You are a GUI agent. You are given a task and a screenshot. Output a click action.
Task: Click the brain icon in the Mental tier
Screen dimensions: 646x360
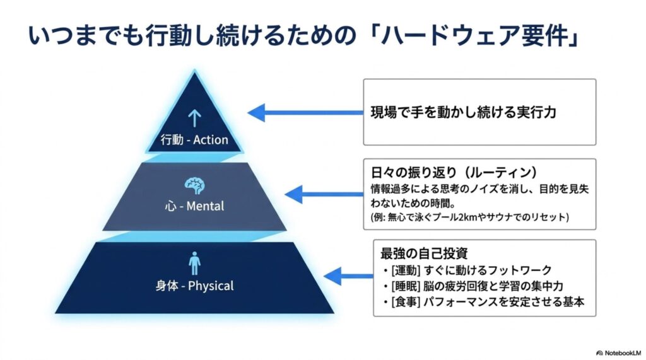tap(194, 186)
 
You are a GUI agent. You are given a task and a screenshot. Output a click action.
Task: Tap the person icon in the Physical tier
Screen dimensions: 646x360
tap(194, 263)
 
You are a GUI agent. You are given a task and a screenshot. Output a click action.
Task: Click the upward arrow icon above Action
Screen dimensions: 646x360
tap(194, 119)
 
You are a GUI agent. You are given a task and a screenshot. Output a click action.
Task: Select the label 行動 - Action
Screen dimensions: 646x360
tap(194, 140)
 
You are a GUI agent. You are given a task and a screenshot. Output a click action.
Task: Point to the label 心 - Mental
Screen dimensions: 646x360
tap(194, 206)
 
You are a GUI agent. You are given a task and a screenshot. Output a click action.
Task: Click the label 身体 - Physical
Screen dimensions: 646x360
tap(194, 286)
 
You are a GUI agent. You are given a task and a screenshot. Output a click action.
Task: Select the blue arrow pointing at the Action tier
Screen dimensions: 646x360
tap(305, 112)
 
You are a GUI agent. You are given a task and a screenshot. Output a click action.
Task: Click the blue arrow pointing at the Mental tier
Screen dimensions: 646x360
tap(324, 194)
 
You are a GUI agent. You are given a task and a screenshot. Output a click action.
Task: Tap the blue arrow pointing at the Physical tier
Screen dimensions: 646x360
tap(348, 276)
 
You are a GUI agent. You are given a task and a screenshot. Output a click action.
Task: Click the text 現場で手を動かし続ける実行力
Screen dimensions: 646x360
tap(464, 112)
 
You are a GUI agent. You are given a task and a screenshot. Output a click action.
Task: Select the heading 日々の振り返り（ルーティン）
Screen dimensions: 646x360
tap(454, 171)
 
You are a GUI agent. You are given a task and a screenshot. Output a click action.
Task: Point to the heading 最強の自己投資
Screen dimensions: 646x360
tap(424, 253)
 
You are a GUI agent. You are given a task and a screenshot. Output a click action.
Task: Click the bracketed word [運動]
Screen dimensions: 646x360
tap(406, 270)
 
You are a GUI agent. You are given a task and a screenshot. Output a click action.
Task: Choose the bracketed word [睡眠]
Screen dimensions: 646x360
tap(406, 286)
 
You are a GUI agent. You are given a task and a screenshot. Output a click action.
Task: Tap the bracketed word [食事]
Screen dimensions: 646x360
tap(406, 301)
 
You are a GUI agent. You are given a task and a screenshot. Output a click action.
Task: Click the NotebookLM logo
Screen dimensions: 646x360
tap(618, 353)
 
